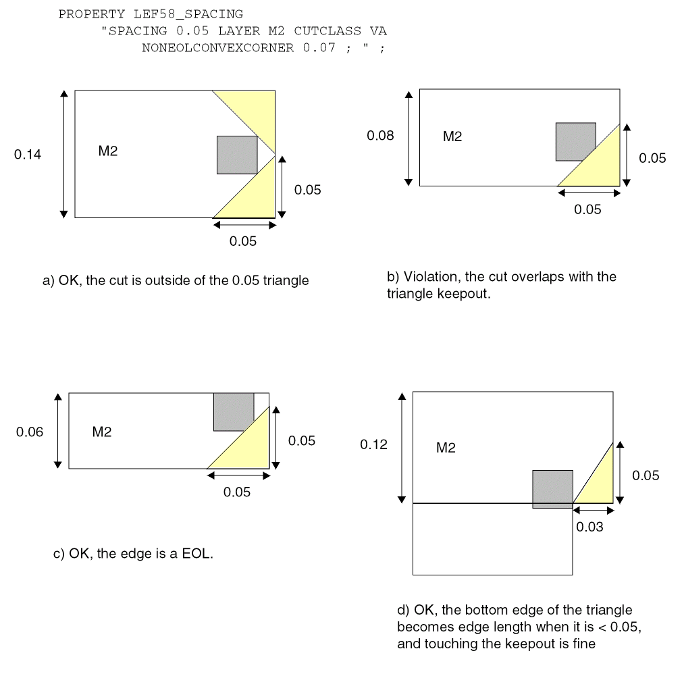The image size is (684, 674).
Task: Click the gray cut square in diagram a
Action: tap(237, 155)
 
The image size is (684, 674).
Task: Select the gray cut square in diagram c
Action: tap(234, 411)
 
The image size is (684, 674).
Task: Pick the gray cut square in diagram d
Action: tap(553, 489)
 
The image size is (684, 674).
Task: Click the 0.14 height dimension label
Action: tap(28, 154)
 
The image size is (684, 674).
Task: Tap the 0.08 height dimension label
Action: tap(380, 135)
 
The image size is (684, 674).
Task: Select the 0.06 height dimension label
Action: tap(30, 432)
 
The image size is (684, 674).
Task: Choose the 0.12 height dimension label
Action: tap(373, 444)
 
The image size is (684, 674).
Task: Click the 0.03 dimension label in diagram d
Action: tap(589, 527)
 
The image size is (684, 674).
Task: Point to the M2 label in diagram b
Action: tap(452, 136)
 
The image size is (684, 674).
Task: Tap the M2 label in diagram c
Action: tap(102, 432)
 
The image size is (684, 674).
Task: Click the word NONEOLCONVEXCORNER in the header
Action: tap(217, 47)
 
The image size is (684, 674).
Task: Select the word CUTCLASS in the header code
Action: tap(327, 31)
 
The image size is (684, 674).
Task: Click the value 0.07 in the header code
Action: tap(319, 47)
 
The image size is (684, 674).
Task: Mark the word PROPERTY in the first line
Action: tap(92, 14)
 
